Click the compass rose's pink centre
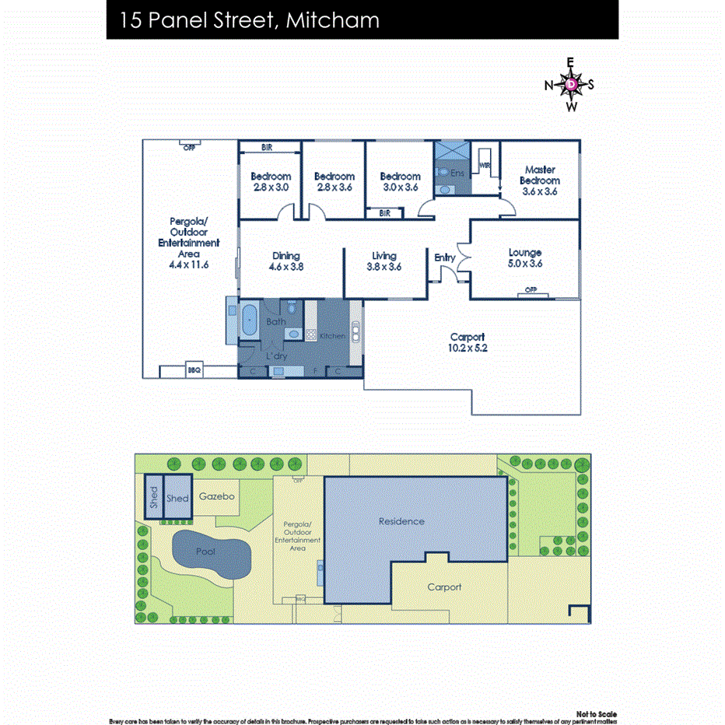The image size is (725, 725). pos(571,84)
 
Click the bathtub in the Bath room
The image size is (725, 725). pos(250,320)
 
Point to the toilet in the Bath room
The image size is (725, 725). pos(293,334)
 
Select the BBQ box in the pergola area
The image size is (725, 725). pos(194,371)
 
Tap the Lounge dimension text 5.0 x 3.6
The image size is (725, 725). pos(524,264)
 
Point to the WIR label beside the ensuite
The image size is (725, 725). pos(484,165)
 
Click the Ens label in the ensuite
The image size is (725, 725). pos(457,173)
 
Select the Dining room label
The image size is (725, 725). pos(285,255)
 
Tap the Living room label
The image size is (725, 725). pos(384,255)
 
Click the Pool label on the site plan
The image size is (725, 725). pos(205,551)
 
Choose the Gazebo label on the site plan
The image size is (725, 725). pos(216,496)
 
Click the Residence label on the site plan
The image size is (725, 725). pos(401,521)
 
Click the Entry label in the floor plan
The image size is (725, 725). pos(445,257)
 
